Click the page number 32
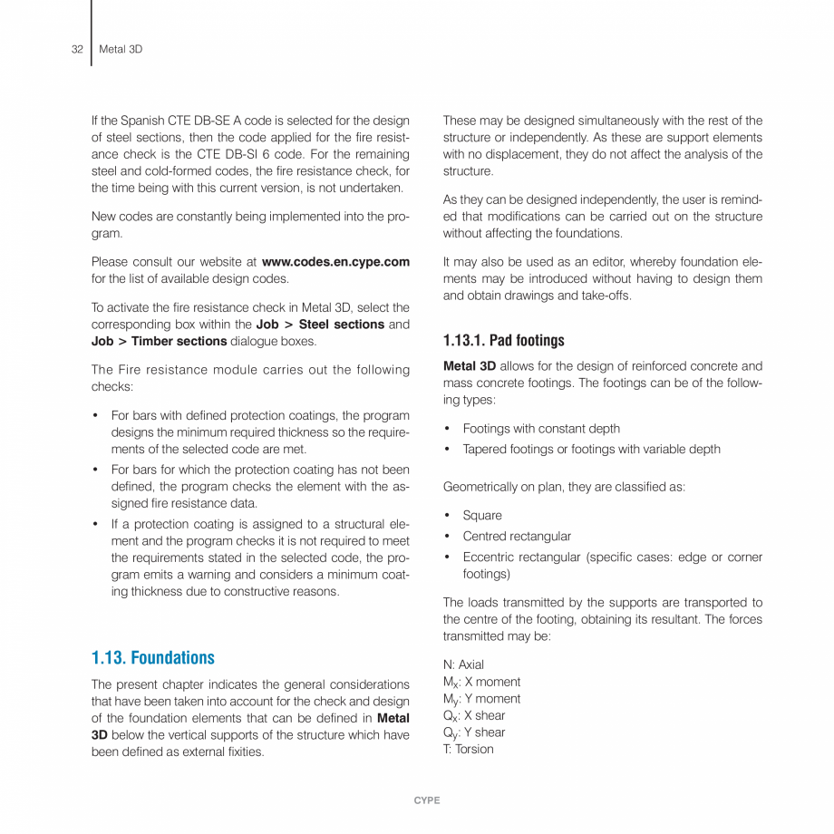pyautogui.click(x=77, y=49)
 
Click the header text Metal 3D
pyautogui.click(x=121, y=49)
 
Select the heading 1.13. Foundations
pyautogui.click(x=153, y=657)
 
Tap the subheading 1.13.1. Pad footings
pyautogui.click(x=503, y=341)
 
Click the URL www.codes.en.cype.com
pyautogui.click(x=335, y=262)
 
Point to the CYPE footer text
pyautogui.click(x=426, y=800)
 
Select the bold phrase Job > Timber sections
pyautogui.click(x=159, y=341)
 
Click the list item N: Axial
pyautogui.click(x=463, y=664)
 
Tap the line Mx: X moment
pyautogui.click(x=481, y=682)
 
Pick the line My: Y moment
pyautogui.click(x=481, y=699)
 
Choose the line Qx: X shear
pyautogui.click(x=474, y=715)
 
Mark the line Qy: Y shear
pyautogui.click(x=474, y=732)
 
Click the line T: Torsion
pyautogui.click(x=468, y=749)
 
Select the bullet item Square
pyautogui.click(x=482, y=515)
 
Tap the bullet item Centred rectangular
pyautogui.click(x=517, y=536)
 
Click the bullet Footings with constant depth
pyautogui.click(x=541, y=428)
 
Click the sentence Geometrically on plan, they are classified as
pyautogui.click(x=564, y=487)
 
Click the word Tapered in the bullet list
pyautogui.click(x=484, y=449)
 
